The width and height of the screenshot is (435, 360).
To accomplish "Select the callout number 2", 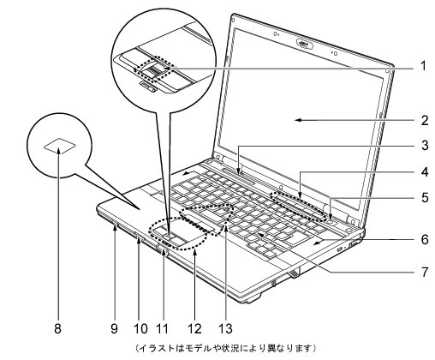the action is (x=425, y=120).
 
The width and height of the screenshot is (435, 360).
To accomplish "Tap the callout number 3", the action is (x=425, y=145).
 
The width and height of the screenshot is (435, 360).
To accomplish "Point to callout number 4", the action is (x=425, y=172).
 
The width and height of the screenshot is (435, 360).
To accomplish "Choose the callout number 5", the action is (x=425, y=197).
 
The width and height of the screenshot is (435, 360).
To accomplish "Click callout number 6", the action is (x=425, y=239).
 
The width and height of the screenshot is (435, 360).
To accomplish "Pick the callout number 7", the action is (x=425, y=272).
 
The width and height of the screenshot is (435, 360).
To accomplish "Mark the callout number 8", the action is (x=57, y=328).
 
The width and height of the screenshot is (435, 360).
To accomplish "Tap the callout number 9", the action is (x=114, y=328).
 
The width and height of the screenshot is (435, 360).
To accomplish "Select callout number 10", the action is (x=140, y=328).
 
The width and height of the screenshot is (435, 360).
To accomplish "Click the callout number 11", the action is (x=163, y=328).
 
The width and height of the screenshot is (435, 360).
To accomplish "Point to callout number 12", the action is (x=194, y=328).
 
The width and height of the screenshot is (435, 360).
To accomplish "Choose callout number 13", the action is (x=225, y=328).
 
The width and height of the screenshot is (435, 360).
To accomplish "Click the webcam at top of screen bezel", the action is (x=304, y=44).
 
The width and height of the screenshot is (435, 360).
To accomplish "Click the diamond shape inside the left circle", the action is (x=60, y=147).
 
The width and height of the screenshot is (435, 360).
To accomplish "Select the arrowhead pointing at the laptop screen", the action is (x=299, y=120).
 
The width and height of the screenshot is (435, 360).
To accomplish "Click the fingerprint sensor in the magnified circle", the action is (x=156, y=69).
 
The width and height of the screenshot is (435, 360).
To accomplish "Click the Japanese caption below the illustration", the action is (x=225, y=348).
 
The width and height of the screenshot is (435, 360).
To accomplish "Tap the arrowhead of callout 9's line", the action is (x=115, y=227).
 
